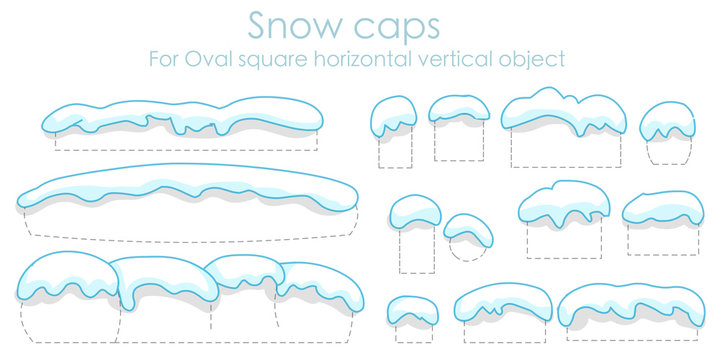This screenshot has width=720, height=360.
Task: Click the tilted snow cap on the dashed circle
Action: (468, 230)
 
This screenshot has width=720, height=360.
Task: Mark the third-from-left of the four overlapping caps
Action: (244, 271)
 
